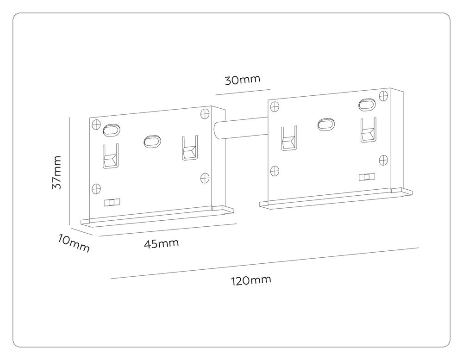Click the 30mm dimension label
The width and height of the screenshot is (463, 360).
(243, 80)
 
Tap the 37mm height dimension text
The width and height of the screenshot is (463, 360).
(56, 172)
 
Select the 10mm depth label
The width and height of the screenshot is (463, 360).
(74, 243)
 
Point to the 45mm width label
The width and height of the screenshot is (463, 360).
(161, 243)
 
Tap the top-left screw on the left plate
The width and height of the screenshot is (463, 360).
(96, 124)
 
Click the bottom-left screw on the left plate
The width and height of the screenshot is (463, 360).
(96, 188)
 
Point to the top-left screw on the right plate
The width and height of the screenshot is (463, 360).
(275, 106)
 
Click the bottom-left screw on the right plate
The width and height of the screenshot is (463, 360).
(275, 170)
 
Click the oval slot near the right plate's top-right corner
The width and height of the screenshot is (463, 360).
(367, 104)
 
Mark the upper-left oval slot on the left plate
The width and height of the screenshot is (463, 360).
(112, 130)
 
